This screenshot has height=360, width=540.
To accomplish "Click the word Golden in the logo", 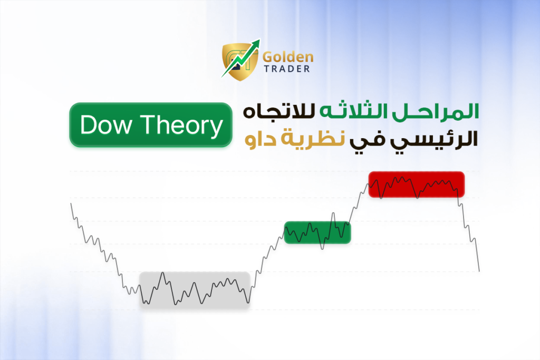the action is click(x=288, y=57).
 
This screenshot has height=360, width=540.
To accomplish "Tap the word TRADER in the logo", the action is click(x=287, y=69).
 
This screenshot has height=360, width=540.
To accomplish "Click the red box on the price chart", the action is click(x=417, y=184).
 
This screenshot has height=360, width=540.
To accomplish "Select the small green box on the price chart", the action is click(x=317, y=232).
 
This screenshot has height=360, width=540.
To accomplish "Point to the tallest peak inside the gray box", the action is click(x=163, y=273).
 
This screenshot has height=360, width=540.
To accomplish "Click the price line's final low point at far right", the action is click(x=479, y=271).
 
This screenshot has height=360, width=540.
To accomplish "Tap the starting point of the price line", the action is click(x=71, y=204).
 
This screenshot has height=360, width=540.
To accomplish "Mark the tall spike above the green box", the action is click(x=333, y=213).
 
